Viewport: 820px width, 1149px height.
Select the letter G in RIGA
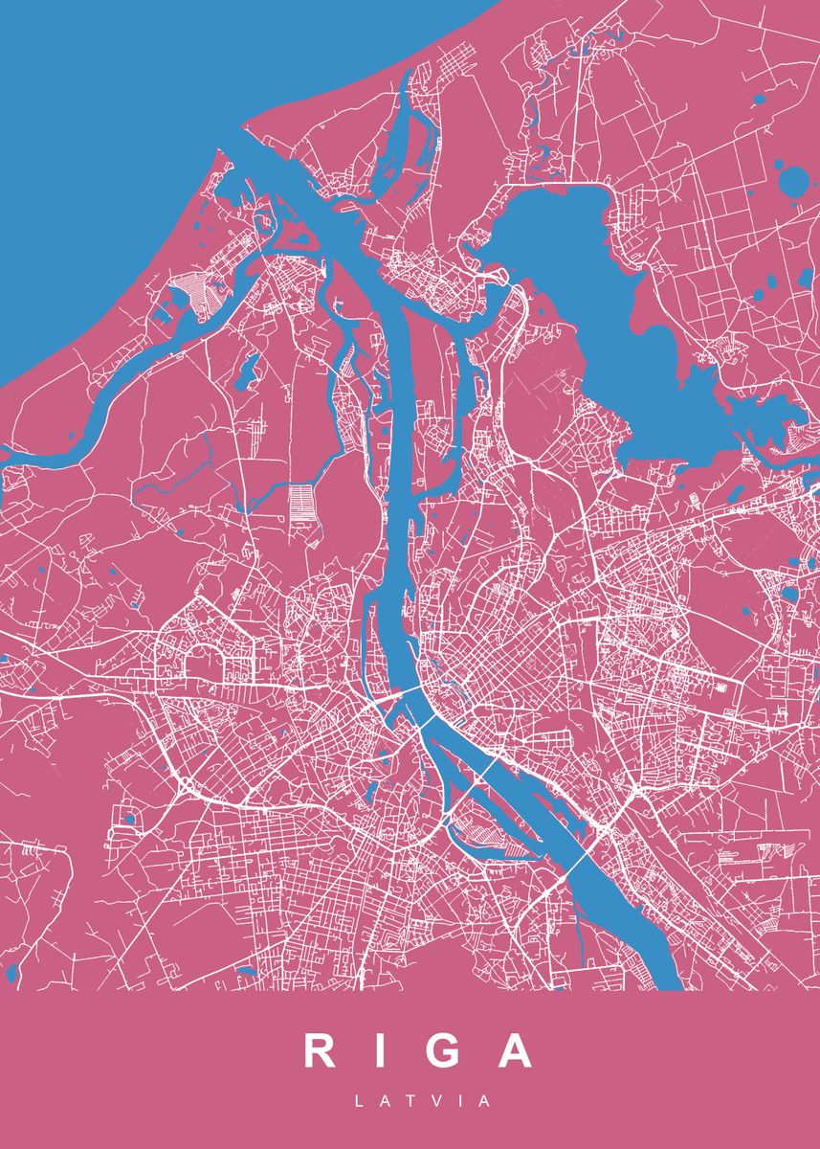tap(439, 1050)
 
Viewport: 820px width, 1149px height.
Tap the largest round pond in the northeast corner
tap(793, 179)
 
